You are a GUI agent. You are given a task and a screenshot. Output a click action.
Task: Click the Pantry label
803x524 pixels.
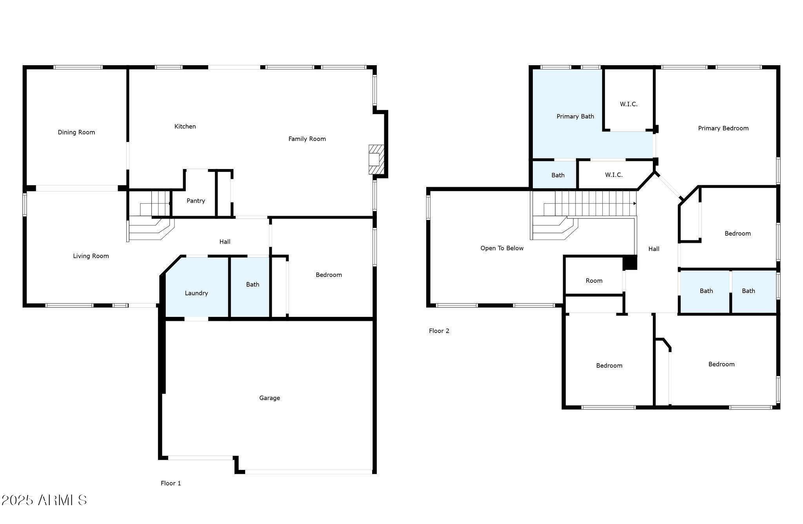(x=196, y=201)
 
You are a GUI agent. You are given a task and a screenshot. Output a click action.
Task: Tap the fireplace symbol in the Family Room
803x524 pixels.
(x=375, y=159)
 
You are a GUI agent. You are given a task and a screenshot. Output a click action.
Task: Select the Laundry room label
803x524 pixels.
(x=196, y=293)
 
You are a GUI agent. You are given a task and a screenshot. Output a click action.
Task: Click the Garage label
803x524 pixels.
(x=269, y=398)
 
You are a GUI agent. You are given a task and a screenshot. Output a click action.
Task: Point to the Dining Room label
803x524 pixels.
(x=76, y=132)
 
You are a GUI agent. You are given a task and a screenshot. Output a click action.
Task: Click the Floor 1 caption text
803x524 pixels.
(x=171, y=483)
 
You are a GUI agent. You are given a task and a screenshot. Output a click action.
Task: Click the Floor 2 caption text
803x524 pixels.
(x=439, y=331)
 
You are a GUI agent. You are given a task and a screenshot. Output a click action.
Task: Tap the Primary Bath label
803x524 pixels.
(x=575, y=116)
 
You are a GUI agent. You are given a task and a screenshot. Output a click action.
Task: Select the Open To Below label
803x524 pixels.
(x=502, y=248)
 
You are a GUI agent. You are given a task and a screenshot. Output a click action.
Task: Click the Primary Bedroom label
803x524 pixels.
(x=723, y=128)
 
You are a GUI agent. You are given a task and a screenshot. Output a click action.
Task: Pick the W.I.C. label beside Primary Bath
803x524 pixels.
(x=628, y=104)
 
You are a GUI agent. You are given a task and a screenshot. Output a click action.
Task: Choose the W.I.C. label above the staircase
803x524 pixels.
(x=613, y=175)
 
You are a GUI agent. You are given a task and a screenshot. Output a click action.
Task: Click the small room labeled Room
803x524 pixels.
(x=594, y=280)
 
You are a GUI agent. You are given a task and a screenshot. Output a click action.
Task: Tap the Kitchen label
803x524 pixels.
(x=185, y=126)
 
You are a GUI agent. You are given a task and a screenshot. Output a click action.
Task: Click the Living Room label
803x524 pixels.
(x=91, y=256)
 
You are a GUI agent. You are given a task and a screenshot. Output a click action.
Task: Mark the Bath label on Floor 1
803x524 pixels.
(x=253, y=284)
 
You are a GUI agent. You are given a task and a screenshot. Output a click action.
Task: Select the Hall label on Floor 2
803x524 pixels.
(x=654, y=249)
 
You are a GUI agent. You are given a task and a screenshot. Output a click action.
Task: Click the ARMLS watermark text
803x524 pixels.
(x=44, y=500)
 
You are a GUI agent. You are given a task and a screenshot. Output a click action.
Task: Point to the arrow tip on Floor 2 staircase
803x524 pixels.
(x=635, y=204)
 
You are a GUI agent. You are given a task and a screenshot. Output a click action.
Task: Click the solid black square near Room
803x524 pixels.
(x=630, y=262)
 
